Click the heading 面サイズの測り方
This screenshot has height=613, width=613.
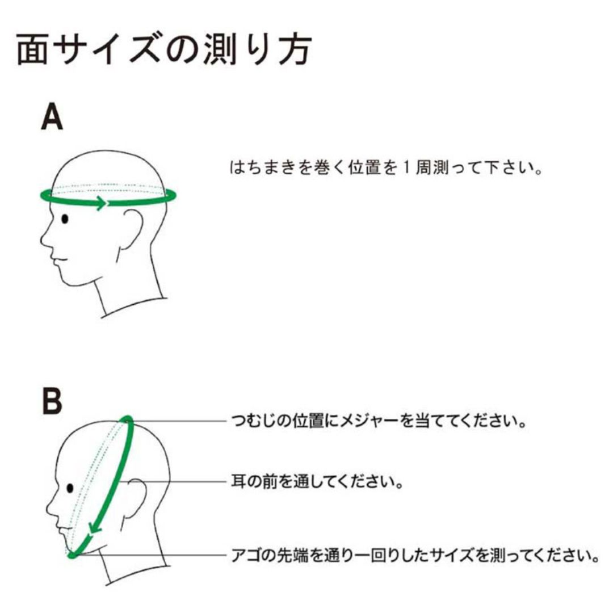coord(164,49)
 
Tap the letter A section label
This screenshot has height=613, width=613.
coord(52,116)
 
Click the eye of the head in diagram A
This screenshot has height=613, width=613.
coord(65,219)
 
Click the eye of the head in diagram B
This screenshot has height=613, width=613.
coord(70,488)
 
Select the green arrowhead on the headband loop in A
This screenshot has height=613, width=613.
coord(101,203)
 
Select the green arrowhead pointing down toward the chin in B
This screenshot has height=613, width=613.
coord(95,527)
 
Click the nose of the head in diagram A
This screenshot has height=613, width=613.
coord(44,239)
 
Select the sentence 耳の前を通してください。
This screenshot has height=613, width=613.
coord(317,481)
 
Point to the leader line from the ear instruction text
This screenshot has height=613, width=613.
coord(172,481)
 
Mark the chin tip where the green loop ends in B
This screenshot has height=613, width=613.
coord(72,555)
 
